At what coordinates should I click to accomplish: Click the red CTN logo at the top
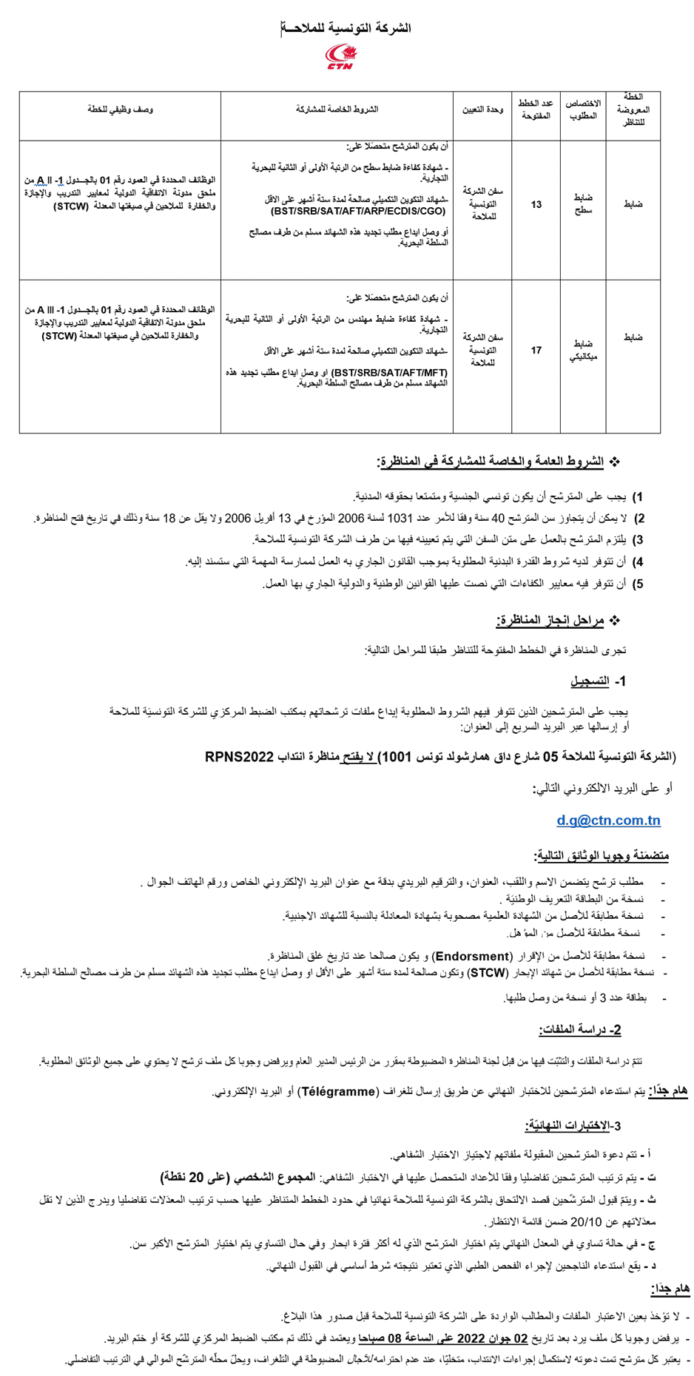341,56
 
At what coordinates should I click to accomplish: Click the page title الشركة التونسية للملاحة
346,28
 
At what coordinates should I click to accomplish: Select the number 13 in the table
536,204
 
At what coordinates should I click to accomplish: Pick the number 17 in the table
536,351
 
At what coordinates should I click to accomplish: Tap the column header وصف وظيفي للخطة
120,109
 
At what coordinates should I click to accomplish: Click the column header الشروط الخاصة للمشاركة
337,109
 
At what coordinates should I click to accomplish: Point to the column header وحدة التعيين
482,109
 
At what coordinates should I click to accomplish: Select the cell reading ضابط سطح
583,204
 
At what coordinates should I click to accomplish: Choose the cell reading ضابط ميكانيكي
583,351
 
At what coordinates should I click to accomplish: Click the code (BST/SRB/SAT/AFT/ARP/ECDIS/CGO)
359,211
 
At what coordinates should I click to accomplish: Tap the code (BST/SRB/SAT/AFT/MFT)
390,373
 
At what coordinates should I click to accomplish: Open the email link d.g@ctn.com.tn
608,820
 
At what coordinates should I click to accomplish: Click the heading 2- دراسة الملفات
580,1030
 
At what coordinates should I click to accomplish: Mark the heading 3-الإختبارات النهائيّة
573,1125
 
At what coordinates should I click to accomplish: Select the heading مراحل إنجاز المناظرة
550,620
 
